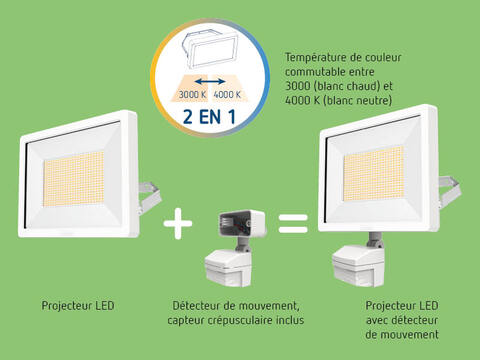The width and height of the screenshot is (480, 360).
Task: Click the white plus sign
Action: pos(178,223)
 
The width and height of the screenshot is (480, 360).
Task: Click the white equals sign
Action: pos(293,224)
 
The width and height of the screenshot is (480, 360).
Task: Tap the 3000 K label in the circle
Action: pos(192,95)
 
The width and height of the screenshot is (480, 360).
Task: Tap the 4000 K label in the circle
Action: pos(227,95)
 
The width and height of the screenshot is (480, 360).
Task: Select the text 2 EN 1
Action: pos(209,117)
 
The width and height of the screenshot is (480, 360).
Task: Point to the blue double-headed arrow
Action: pos(210,81)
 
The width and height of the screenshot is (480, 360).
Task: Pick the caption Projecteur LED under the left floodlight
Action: pos(78,306)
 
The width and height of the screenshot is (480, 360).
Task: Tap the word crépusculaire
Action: pos(240,320)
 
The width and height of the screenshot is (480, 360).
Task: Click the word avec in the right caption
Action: pos(377,321)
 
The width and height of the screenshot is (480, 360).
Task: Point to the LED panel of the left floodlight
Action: pos(73,179)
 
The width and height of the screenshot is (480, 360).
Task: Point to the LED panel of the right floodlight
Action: pos(373,173)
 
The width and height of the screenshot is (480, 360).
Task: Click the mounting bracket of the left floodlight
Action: pos(149,196)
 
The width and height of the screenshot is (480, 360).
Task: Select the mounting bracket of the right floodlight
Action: pos(450,191)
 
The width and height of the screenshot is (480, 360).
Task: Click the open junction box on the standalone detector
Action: pos(242,224)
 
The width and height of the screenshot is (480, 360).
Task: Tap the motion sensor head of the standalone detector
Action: pos(228,269)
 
